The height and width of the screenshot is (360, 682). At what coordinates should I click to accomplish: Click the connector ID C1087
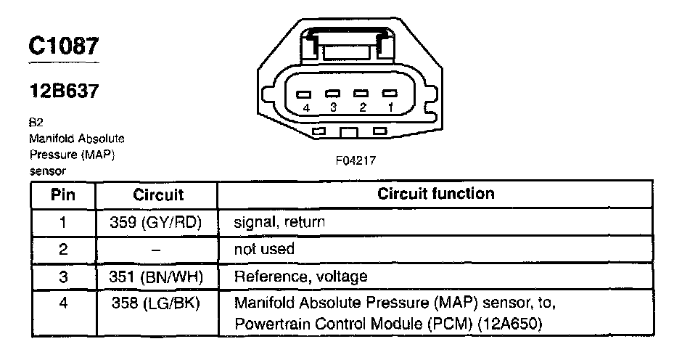click(x=64, y=46)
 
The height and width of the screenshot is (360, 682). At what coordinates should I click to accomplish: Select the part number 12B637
click(x=65, y=91)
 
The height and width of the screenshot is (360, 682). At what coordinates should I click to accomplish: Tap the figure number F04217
click(x=356, y=160)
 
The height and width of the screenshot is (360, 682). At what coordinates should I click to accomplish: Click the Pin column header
click(x=63, y=195)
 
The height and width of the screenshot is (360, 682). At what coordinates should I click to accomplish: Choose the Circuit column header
click(x=158, y=195)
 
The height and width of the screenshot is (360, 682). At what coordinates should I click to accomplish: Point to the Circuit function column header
click(x=436, y=194)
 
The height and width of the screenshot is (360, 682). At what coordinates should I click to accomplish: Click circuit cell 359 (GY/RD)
click(x=156, y=222)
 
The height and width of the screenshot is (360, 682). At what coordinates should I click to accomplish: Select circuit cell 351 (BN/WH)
click(x=156, y=277)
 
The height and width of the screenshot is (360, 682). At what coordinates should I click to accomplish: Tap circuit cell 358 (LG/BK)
click(x=156, y=303)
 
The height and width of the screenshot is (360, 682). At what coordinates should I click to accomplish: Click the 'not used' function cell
click(x=264, y=249)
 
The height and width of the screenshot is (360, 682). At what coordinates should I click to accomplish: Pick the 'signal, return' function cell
click(x=279, y=222)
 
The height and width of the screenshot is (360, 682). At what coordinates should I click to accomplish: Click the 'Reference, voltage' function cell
click(x=300, y=277)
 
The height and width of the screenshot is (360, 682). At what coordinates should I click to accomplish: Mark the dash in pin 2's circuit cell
click(x=156, y=250)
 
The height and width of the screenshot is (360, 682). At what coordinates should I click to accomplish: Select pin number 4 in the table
click(x=63, y=303)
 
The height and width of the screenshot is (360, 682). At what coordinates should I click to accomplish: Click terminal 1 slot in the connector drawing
click(x=390, y=94)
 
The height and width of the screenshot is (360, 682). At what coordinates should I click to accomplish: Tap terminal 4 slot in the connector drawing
click(x=303, y=94)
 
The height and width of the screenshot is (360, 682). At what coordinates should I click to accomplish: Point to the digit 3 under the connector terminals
click(x=333, y=107)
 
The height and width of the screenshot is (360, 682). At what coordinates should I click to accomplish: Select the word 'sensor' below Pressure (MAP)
click(x=47, y=171)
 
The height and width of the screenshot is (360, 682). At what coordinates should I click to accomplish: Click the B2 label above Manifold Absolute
click(x=36, y=123)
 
